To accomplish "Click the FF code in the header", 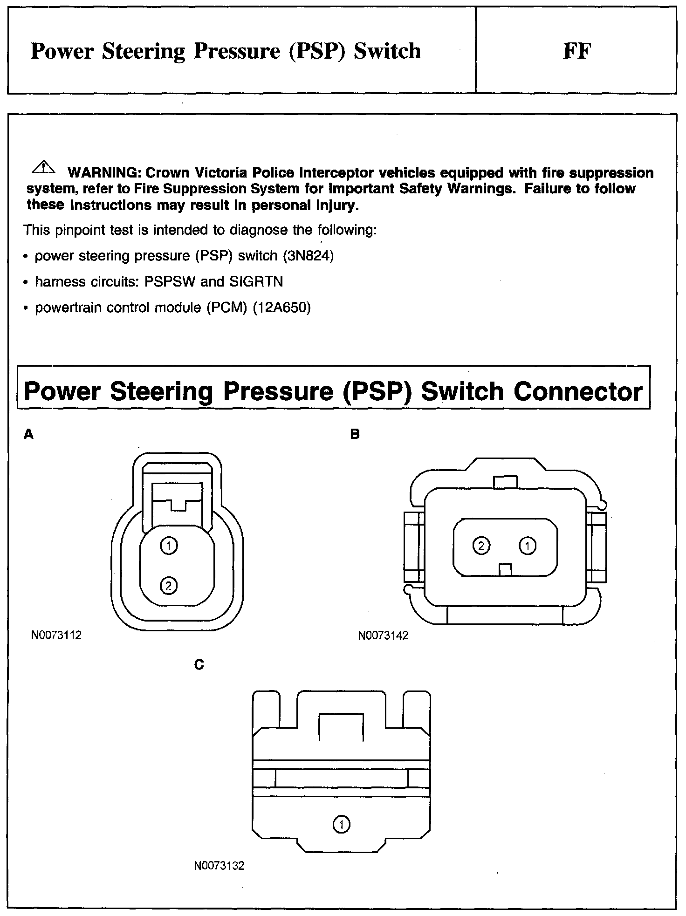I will [576, 51].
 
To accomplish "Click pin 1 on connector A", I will [169, 546].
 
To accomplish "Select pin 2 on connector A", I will [169, 585].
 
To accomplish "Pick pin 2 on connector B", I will [481, 546].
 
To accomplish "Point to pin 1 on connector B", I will [528, 546].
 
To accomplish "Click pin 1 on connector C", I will [342, 825].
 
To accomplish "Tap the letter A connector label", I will [29, 435].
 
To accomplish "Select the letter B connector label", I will [355, 435].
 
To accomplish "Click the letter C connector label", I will [199, 665].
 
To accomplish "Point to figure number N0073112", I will [56, 635].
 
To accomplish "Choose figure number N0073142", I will [383, 636].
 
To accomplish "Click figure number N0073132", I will [219, 866].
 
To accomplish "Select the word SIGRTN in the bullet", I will [256, 282].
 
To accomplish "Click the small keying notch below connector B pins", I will [505, 570].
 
